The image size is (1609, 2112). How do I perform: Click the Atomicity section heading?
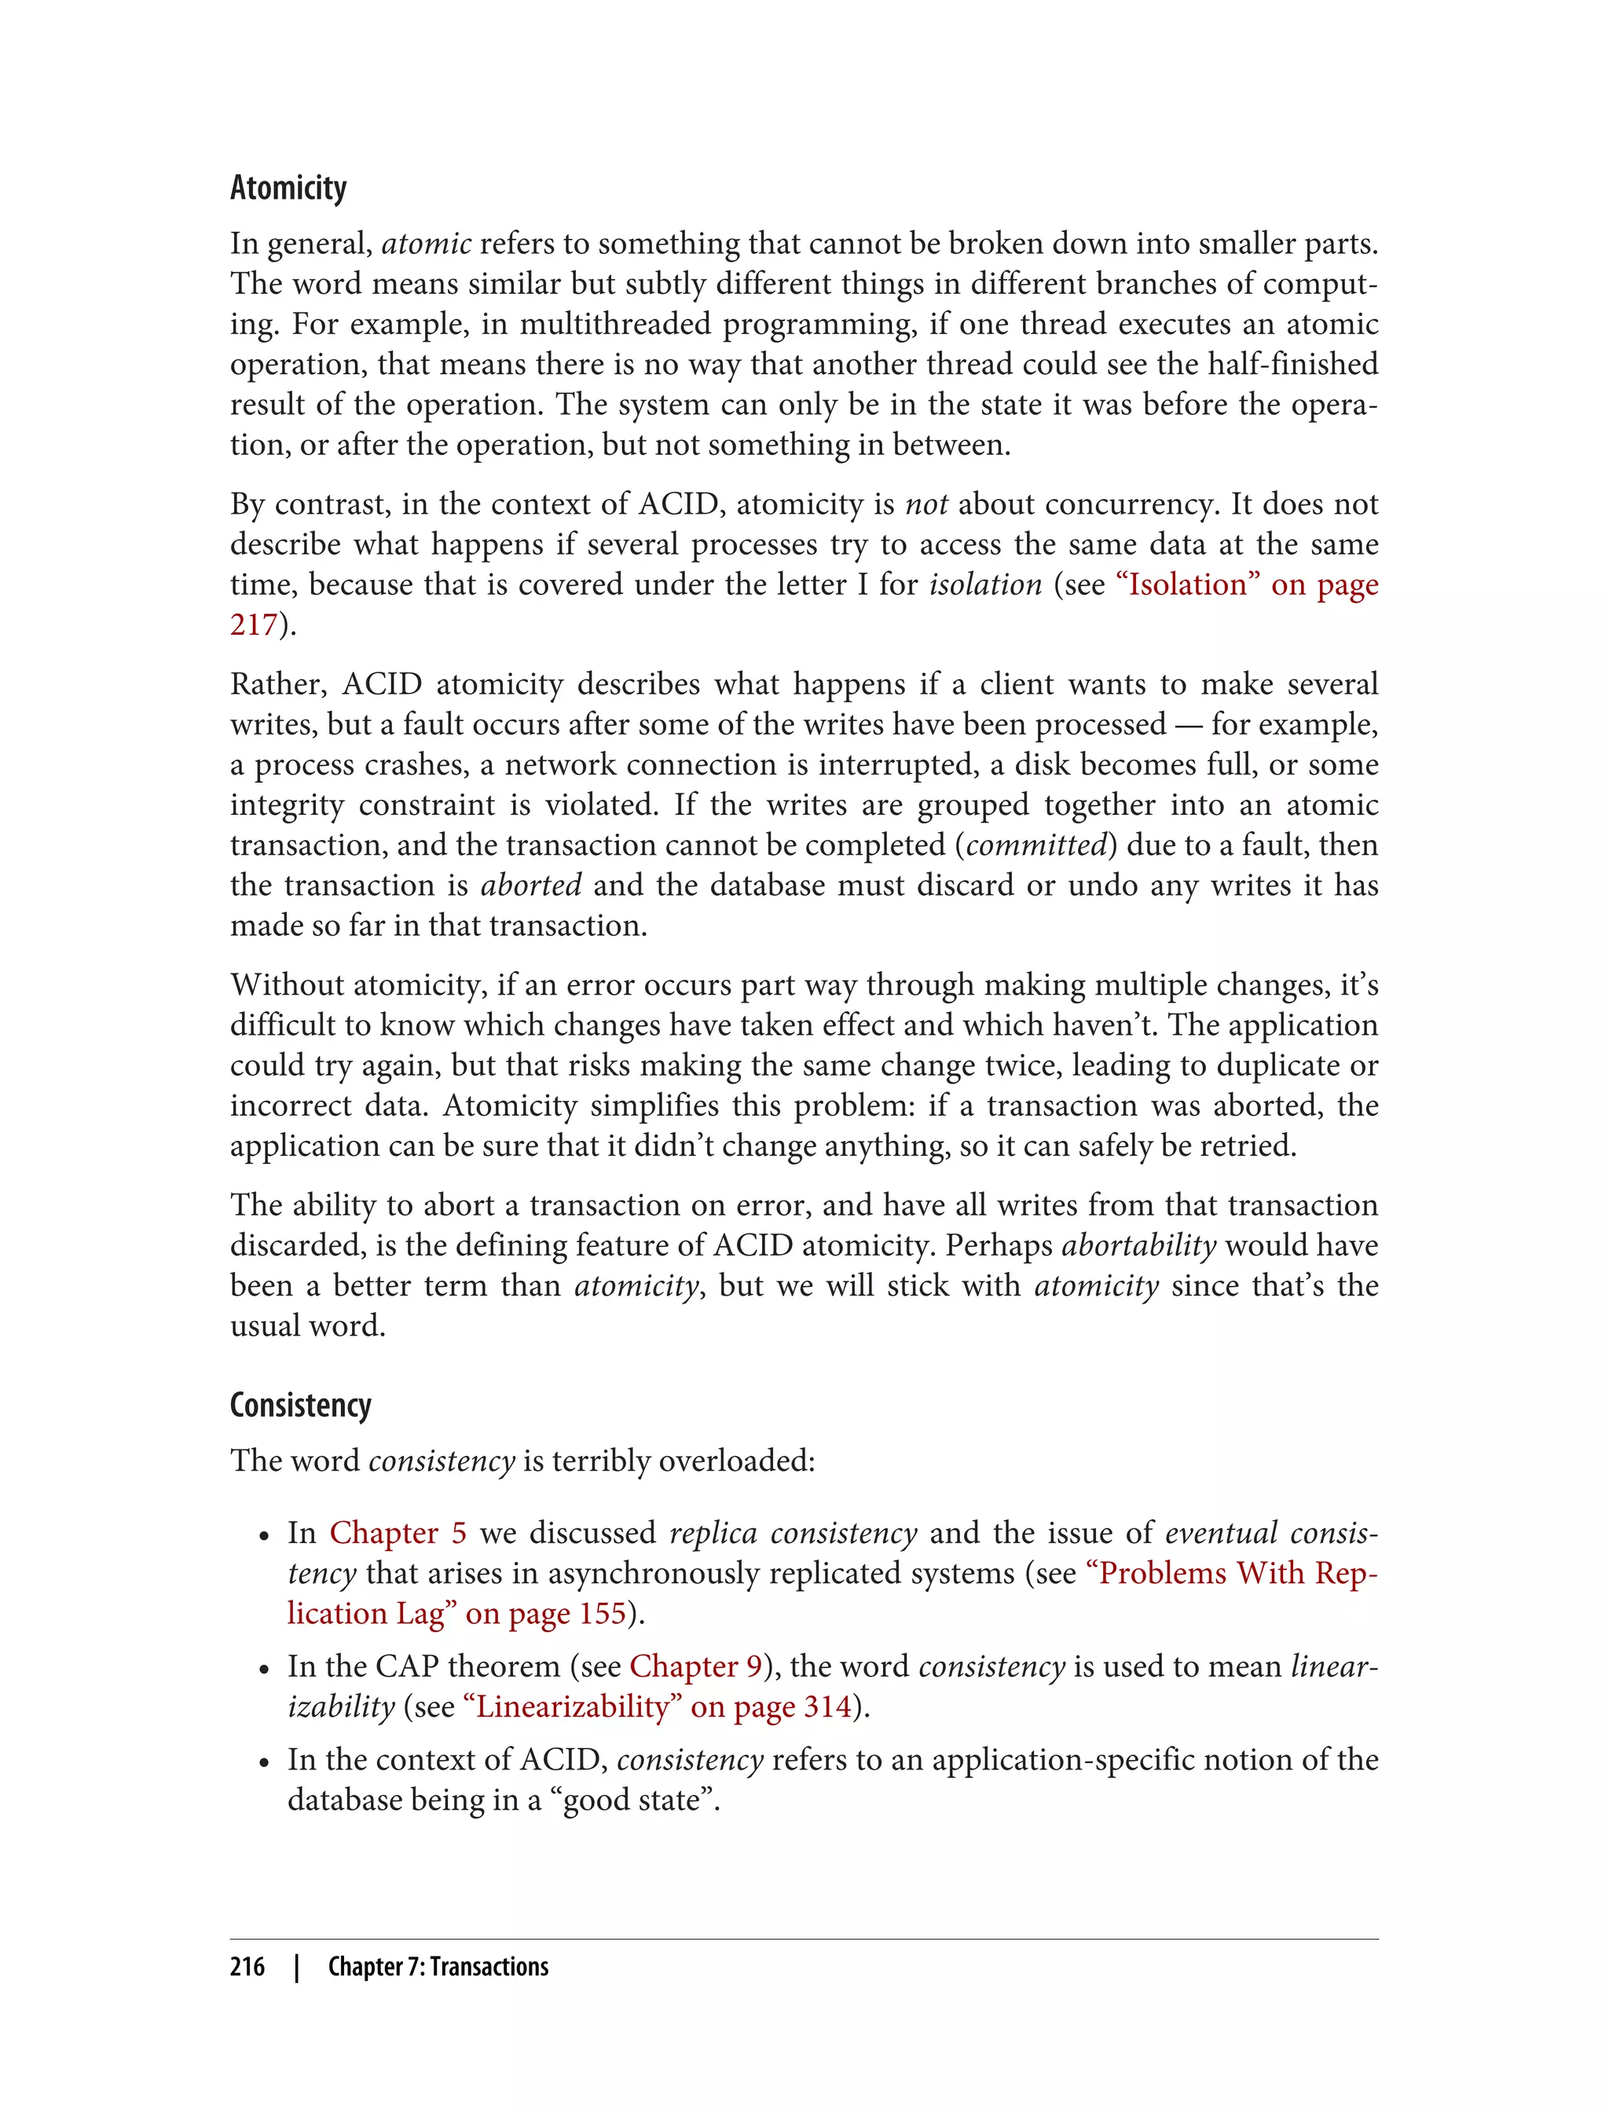click(x=288, y=189)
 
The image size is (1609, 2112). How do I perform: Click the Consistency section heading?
click(x=300, y=1405)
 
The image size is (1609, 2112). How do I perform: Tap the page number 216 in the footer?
click(x=247, y=1967)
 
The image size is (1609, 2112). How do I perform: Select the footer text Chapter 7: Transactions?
click(x=438, y=1967)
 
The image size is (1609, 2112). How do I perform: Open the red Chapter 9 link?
click(x=695, y=1666)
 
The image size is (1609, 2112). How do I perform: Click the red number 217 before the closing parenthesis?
click(x=253, y=625)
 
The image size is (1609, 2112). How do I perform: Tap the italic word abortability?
click(x=1138, y=1245)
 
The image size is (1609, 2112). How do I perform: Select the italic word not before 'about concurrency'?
click(x=926, y=504)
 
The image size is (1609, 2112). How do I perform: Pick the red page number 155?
click(x=603, y=1613)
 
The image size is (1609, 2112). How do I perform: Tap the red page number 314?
click(x=827, y=1706)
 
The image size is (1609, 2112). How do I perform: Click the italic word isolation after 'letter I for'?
click(x=985, y=585)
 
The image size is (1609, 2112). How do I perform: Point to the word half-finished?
click(x=1293, y=364)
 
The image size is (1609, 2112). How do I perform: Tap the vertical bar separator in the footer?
click(x=297, y=1967)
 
